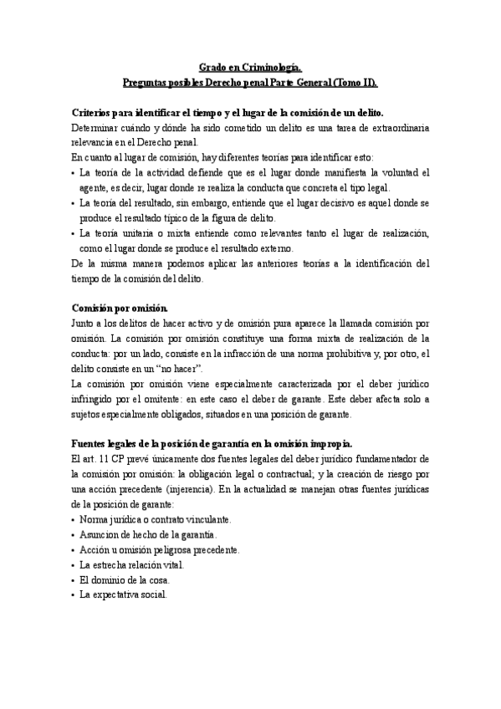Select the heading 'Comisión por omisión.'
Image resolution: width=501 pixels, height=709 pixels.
(x=120, y=308)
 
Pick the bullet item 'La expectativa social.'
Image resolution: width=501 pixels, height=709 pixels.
(x=123, y=594)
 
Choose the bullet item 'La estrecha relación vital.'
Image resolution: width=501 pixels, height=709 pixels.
(x=131, y=564)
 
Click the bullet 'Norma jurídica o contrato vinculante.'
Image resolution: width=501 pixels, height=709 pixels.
(x=156, y=519)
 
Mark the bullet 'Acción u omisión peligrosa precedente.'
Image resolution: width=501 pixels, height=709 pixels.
(x=159, y=549)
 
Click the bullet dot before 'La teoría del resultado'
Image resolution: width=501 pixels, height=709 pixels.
(x=74, y=203)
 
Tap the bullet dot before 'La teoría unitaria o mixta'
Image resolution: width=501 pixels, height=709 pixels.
(x=74, y=233)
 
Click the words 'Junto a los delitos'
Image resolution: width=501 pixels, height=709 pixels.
(x=110, y=323)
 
